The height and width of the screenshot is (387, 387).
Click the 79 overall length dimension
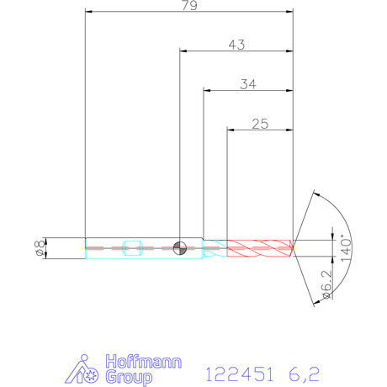(189, 5)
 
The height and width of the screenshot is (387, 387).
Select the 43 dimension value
(236, 45)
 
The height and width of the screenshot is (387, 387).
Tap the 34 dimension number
(248, 84)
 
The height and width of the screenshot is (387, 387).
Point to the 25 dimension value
(260, 124)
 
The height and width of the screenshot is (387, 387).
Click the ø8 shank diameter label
(40, 248)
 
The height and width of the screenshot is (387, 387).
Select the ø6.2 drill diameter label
(327, 284)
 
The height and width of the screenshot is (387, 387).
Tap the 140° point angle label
(347, 248)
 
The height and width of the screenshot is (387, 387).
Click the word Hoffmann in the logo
(144, 362)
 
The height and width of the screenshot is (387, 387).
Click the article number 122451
(239, 374)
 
